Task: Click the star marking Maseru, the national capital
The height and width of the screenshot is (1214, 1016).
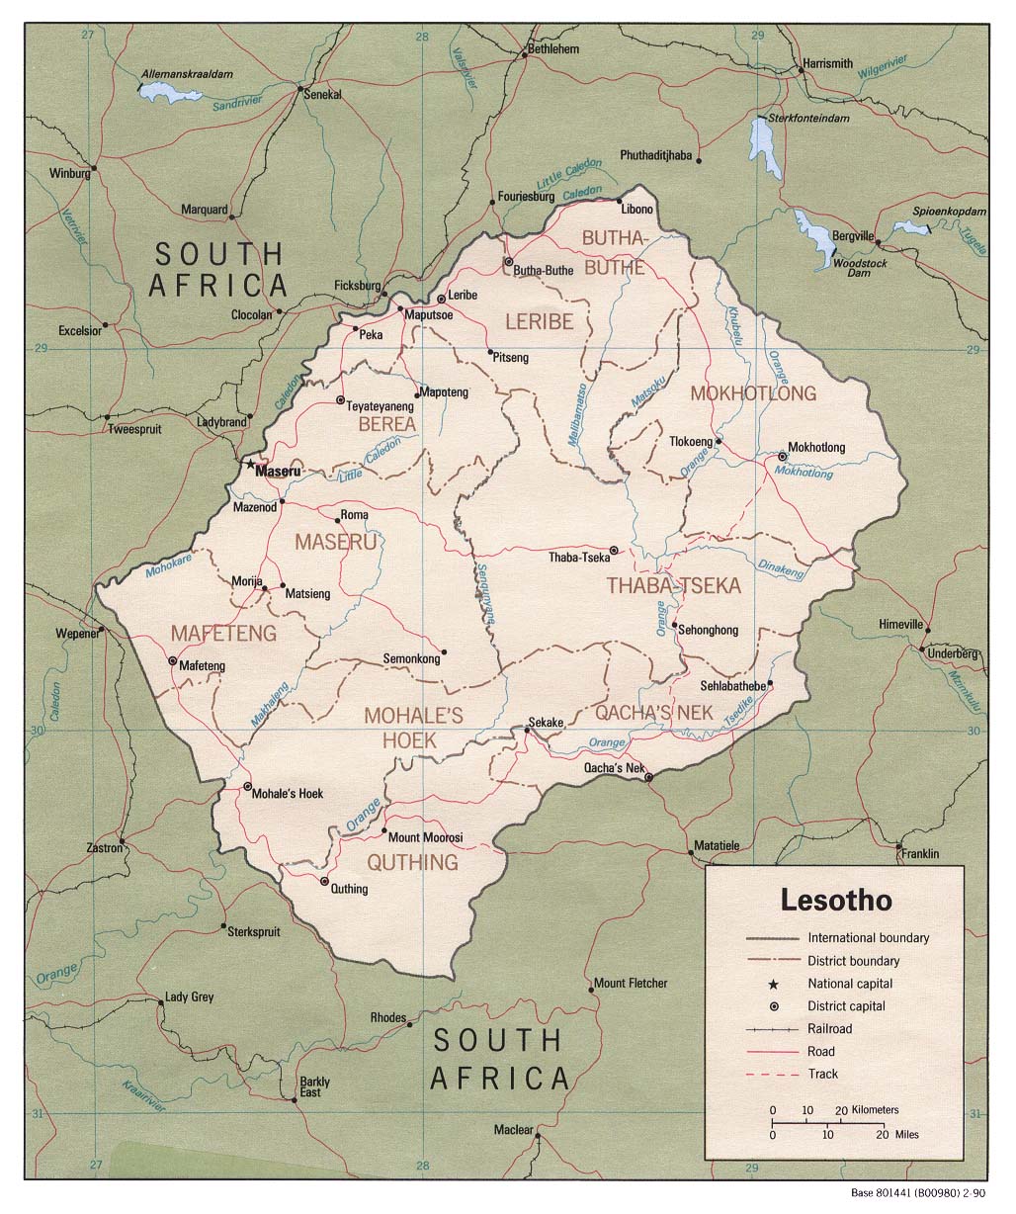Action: (250, 463)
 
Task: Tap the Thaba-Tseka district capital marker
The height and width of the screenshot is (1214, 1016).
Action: (613, 551)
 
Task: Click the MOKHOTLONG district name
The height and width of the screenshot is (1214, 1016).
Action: (753, 393)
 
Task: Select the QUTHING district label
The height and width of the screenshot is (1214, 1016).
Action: (412, 863)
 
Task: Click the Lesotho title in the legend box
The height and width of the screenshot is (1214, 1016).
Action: (836, 901)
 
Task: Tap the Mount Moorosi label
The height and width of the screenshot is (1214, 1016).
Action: (424, 837)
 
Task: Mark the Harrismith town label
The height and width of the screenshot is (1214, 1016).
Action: (827, 63)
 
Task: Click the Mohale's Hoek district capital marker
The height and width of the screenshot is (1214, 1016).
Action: (247, 786)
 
